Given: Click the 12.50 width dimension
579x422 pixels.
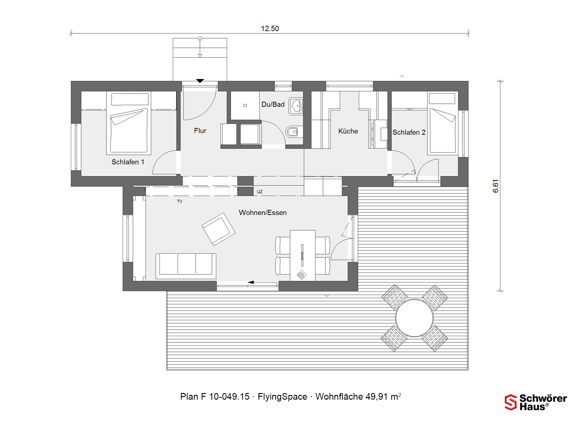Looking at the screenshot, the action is [270, 29].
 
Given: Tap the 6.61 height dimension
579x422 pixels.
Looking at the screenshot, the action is [495, 186].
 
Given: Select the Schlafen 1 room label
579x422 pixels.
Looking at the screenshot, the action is [128, 162].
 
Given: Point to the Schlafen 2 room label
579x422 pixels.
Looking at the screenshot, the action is [409, 132].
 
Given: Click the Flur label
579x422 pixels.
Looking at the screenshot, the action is [200, 131].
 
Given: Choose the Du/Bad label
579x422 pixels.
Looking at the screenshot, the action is [273, 104].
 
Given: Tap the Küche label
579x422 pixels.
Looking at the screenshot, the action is [348, 131].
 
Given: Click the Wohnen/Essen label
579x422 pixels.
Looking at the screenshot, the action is [263, 213].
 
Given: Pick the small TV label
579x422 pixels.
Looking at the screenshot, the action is [180, 201].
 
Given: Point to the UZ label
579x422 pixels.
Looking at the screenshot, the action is [260, 192].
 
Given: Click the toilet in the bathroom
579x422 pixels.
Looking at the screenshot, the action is [294, 132].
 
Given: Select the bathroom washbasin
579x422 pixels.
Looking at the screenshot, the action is [296, 106].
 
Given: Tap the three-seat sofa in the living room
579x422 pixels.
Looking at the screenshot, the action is [186, 266].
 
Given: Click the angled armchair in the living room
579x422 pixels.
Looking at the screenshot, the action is [219, 229].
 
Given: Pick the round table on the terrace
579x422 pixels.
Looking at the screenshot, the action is [414, 318].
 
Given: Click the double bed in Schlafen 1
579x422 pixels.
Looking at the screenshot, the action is [129, 123].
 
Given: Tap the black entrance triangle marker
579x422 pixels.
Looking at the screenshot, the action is [200, 81].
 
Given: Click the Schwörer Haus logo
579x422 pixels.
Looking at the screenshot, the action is [536, 402].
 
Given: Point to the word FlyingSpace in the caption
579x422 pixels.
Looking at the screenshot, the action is [282, 397].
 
